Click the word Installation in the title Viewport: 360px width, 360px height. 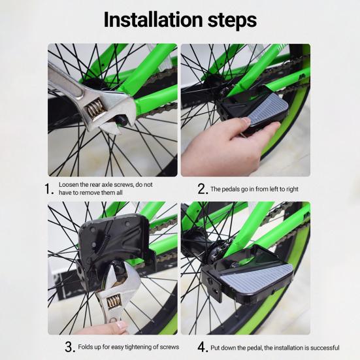tap(154, 20)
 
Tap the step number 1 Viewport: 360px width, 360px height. tap(48, 189)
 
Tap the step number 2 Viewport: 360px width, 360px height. tap(203, 189)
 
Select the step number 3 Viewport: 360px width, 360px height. tap(70, 347)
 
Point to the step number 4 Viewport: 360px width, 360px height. tap(203, 347)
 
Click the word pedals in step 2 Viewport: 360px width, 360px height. tap(232, 189)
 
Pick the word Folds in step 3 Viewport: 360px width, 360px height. tap(86, 347)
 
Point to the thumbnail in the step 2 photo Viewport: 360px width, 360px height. tap(246, 120)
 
